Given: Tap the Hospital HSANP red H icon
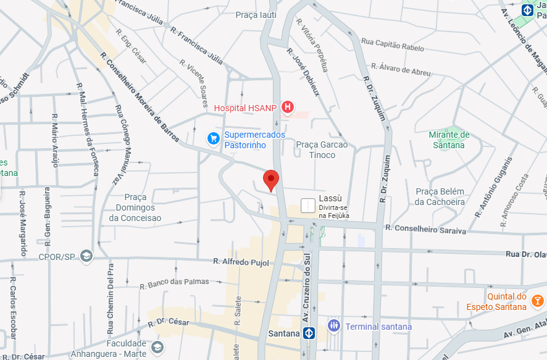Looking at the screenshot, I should tap(287, 108).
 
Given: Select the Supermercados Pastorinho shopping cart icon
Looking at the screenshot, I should tap(214, 138).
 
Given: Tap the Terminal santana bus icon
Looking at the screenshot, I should tap(334, 326).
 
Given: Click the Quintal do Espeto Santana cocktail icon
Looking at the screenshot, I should tap(537, 301).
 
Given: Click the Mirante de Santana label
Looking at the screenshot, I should tap(449, 140).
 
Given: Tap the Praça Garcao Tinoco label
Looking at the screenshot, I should tap(322, 149).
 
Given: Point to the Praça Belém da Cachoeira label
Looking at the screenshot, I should tap(440, 196).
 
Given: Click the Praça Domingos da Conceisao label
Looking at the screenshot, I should tap(135, 207).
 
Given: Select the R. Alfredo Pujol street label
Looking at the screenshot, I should tap(241, 262).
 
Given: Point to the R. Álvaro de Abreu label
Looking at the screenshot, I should tap(404, 69).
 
